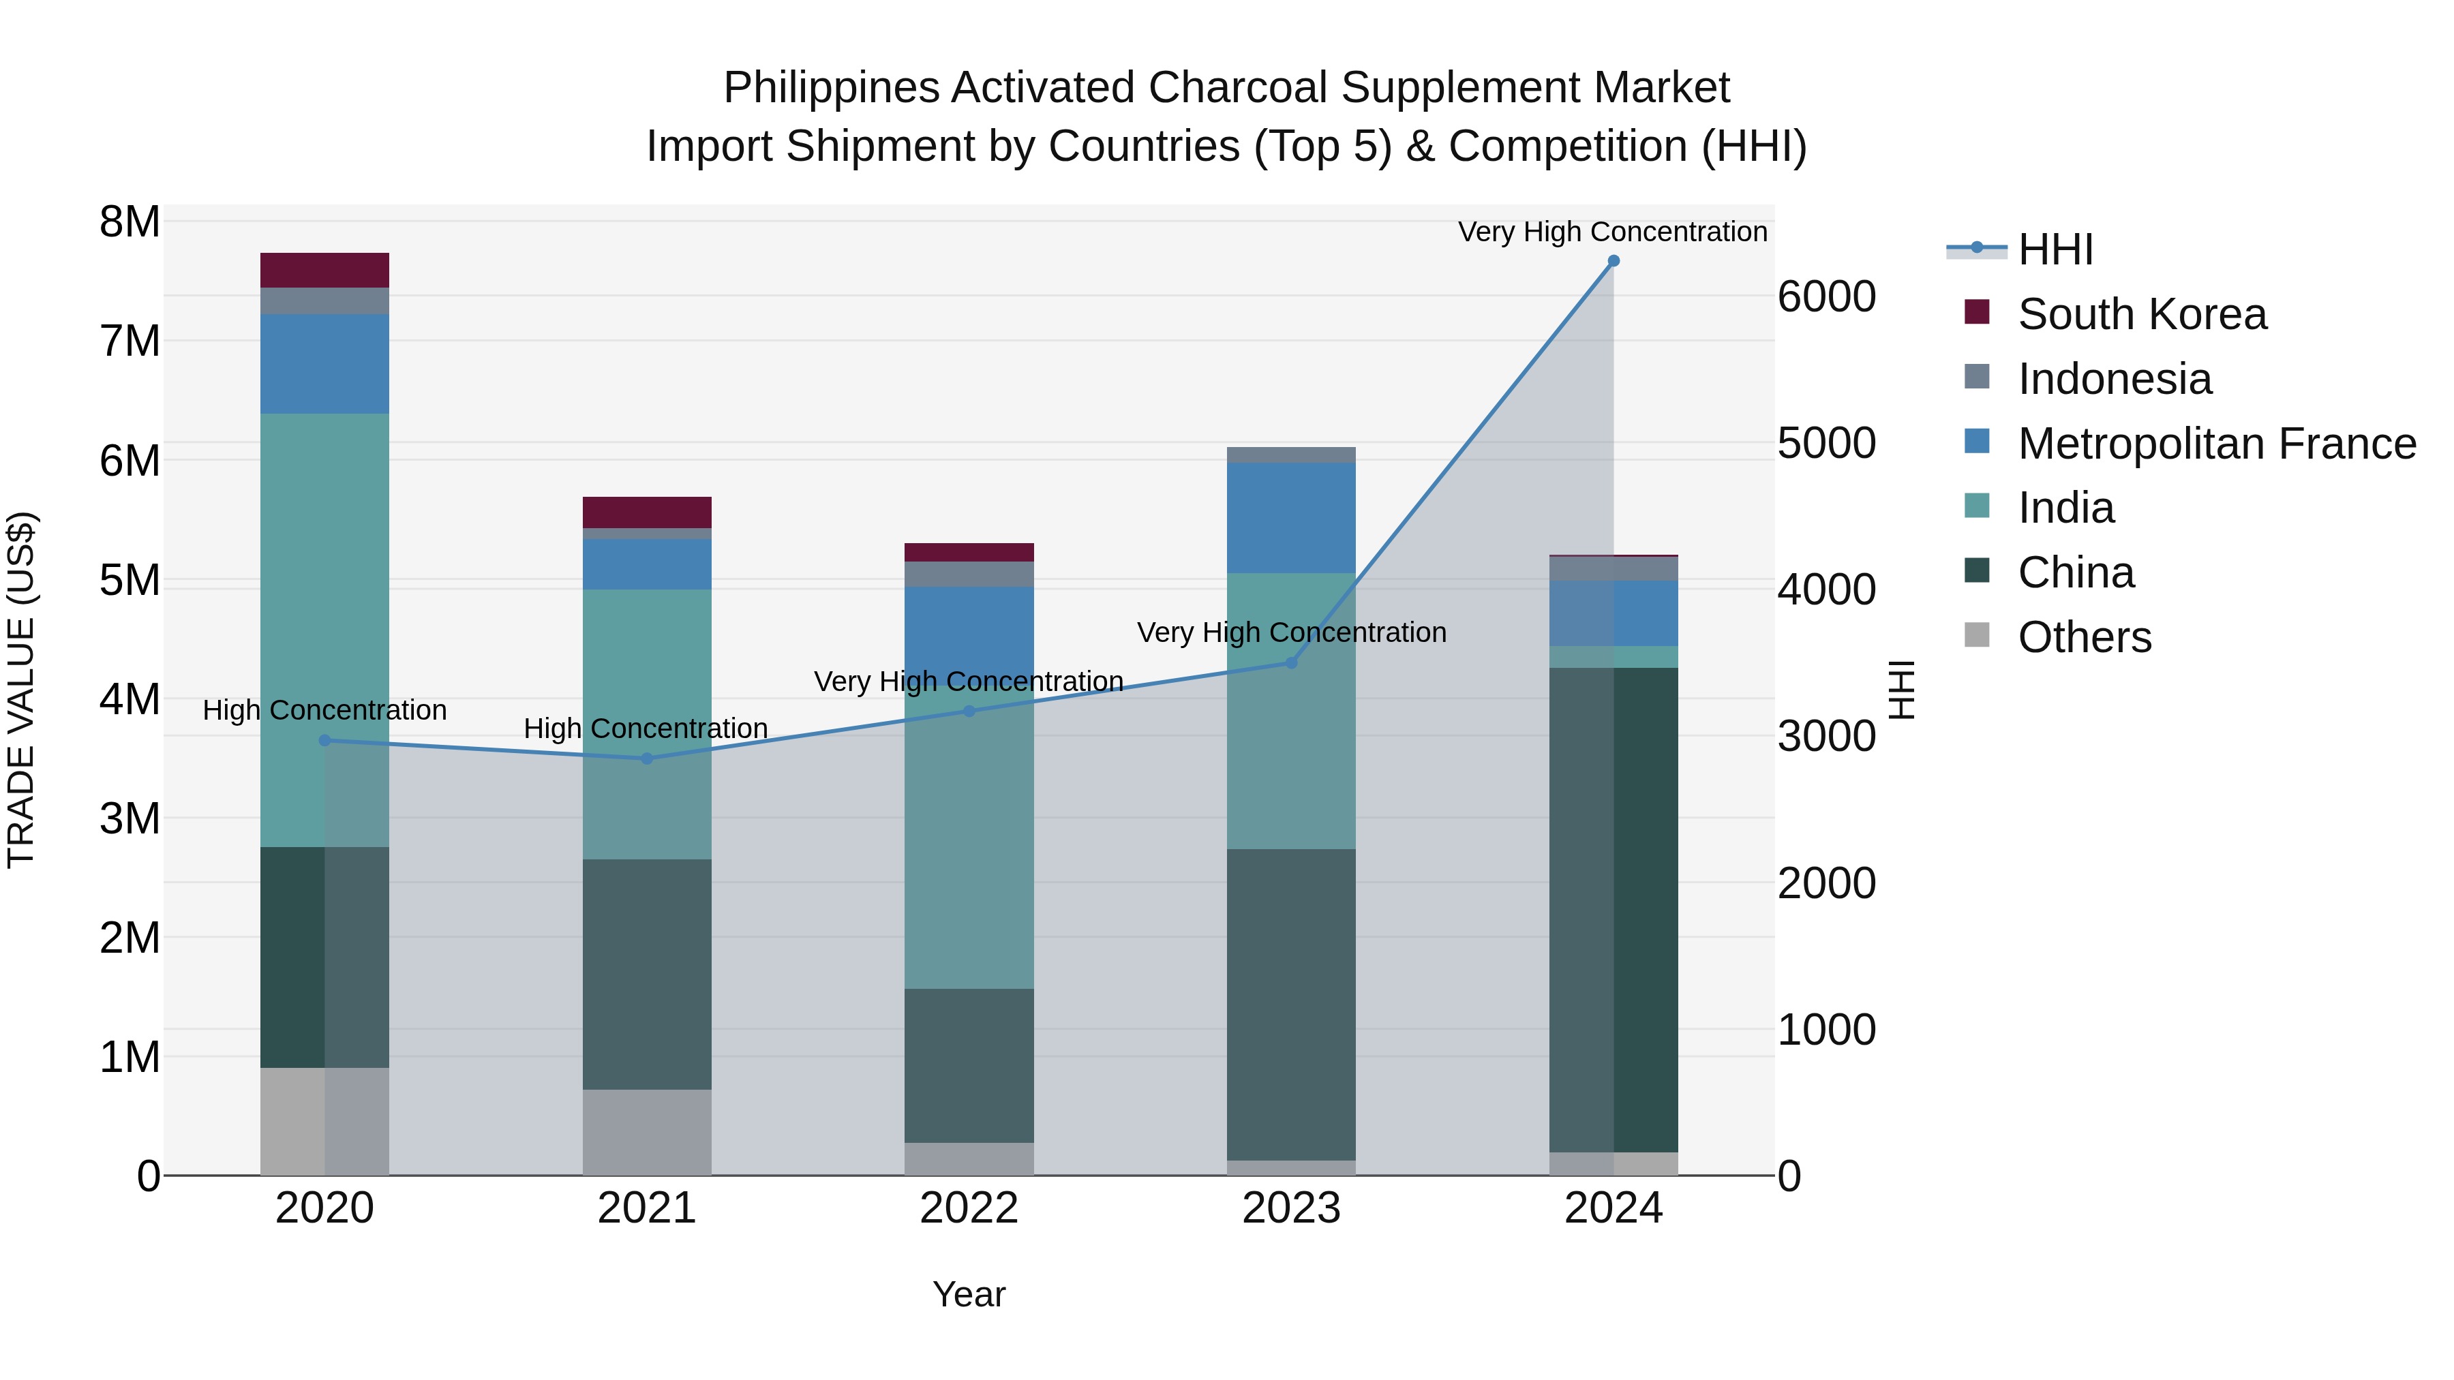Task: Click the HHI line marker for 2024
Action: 1613,261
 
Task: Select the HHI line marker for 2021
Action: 647,758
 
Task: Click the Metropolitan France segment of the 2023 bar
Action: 1291,517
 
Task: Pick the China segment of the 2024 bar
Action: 1613,910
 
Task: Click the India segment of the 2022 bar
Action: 969,838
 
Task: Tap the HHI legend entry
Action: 2055,249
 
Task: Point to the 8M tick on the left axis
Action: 130,222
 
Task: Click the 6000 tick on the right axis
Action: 1826,297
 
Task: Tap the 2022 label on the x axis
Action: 969,1208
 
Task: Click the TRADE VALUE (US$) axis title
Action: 21,690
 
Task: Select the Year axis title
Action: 969,1294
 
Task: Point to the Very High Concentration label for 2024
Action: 1612,232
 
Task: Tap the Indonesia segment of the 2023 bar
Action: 1291,455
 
